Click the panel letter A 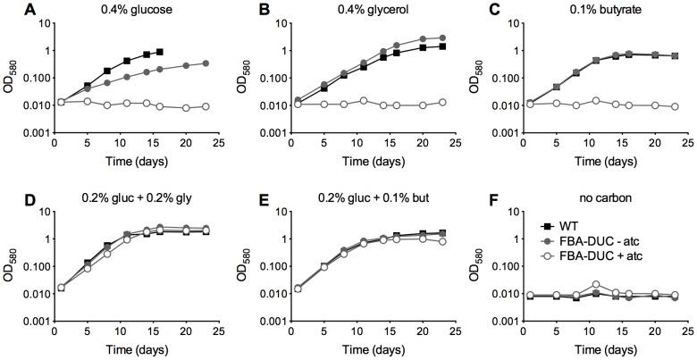[8, 9]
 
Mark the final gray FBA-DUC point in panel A [206, 63]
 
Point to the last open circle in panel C [673, 106]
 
